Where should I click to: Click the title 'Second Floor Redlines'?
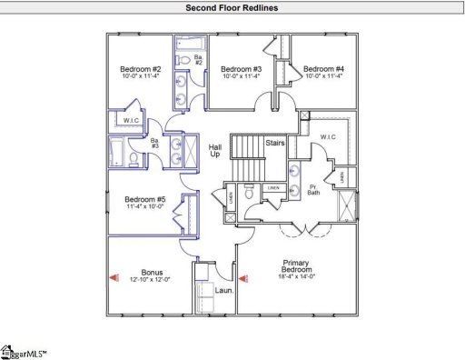point(232,7)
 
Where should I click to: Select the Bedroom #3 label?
point(242,69)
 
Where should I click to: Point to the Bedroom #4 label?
point(323,69)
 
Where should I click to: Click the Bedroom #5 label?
point(144,200)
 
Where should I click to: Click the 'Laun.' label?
point(224,290)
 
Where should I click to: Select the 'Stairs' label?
point(276,143)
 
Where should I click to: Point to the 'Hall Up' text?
point(215,151)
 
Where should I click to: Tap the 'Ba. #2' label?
point(198,58)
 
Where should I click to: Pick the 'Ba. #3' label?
point(154,145)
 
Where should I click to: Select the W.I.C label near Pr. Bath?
point(329,138)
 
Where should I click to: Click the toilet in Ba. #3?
point(134,161)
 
